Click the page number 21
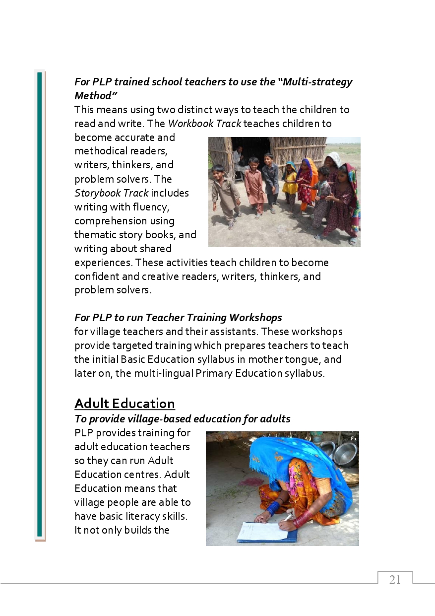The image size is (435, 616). coord(395,580)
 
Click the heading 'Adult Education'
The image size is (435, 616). coord(124,403)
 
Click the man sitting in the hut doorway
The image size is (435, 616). coord(240,159)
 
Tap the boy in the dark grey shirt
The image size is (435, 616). coord(271,179)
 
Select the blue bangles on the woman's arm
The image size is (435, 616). coord(272,508)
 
